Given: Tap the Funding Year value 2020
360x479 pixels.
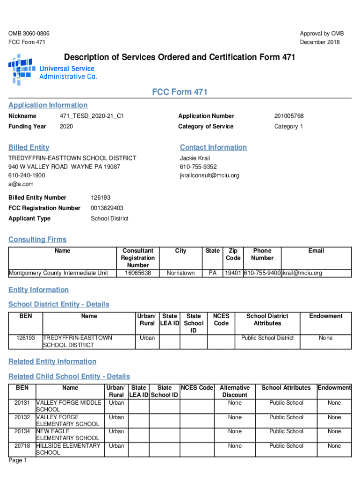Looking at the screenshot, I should click(x=66, y=126).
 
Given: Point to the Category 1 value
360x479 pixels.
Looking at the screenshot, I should click(x=288, y=126).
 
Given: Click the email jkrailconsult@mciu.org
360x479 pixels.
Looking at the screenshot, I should click(x=209, y=175).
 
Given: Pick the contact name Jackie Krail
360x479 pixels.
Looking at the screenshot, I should click(x=195, y=158).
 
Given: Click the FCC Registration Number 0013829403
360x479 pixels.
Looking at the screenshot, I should click(x=107, y=208).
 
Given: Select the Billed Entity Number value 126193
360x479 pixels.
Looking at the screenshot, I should click(x=101, y=197).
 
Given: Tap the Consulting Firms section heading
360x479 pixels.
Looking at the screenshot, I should click(x=37, y=239).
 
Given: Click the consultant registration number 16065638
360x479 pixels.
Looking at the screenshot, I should click(x=137, y=273).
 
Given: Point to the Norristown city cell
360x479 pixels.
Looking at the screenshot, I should click(x=180, y=273).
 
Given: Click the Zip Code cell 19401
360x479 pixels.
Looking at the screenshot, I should click(x=233, y=273).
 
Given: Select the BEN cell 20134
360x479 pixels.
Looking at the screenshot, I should click(x=22, y=431).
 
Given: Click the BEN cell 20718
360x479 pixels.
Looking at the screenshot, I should click(x=22, y=446).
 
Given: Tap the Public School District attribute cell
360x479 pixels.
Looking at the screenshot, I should click(x=267, y=338).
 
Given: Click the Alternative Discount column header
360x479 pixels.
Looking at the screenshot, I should click(x=235, y=391).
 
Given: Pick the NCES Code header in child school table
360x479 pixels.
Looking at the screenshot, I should click(x=197, y=387).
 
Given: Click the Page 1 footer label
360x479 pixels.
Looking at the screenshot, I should click(x=18, y=461).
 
